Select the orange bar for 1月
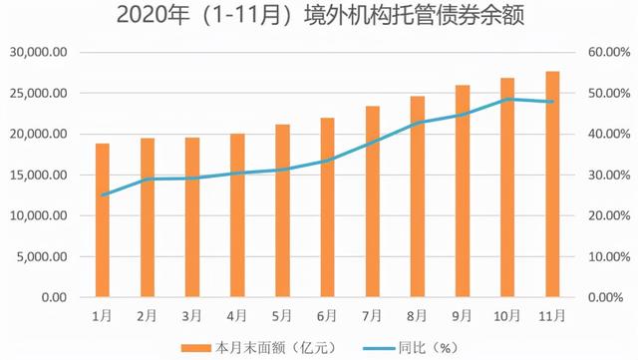[x=102, y=220]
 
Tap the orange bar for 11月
[x=552, y=184]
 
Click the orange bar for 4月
[x=237, y=215]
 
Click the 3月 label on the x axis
[x=192, y=314]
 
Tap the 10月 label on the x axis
[x=507, y=314]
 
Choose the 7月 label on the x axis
[x=372, y=314]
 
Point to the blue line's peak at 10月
[x=507, y=100]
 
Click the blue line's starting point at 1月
[x=102, y=195]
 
